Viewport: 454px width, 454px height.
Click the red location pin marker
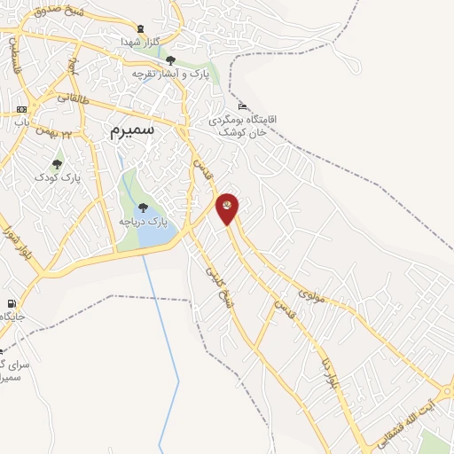click(x=227, y=207)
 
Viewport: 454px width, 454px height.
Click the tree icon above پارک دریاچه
click(x=144, y=207)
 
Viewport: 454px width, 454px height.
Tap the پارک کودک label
click(x=58, y=177)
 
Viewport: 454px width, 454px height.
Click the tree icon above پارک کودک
click(x=58, y=164)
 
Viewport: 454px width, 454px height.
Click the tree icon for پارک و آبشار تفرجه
click(x=169, y=59)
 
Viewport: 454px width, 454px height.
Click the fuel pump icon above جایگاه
click(x=11, y=303)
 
